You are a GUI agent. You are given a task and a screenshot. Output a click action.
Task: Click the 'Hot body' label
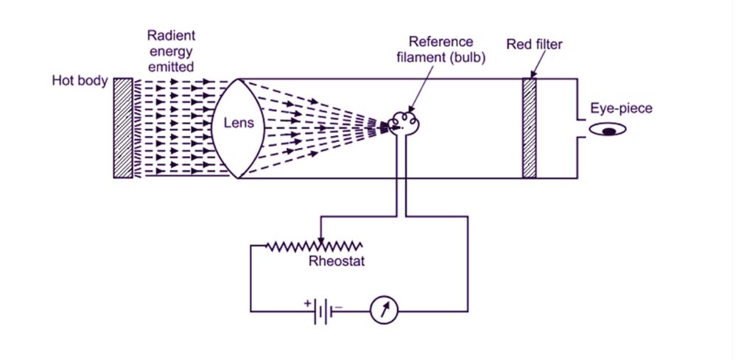[x=79, y=80]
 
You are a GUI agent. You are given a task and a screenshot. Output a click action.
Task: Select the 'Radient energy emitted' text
[x=170, y=51]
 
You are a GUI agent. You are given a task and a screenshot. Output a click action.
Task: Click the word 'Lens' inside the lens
[x=239, y=124]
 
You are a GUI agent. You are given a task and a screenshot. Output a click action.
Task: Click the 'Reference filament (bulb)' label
[x=442, y=50]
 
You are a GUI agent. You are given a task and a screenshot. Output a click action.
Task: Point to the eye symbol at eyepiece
[x=609, y=130]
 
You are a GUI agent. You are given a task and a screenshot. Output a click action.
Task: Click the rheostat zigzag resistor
[x=313, y=245]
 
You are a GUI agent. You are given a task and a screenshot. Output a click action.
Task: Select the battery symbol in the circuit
[x=323, y=312]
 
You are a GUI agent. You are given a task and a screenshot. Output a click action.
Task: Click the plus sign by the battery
[x=307, y=302]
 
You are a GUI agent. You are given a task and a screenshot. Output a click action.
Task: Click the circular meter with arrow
[x=383, y=311]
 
